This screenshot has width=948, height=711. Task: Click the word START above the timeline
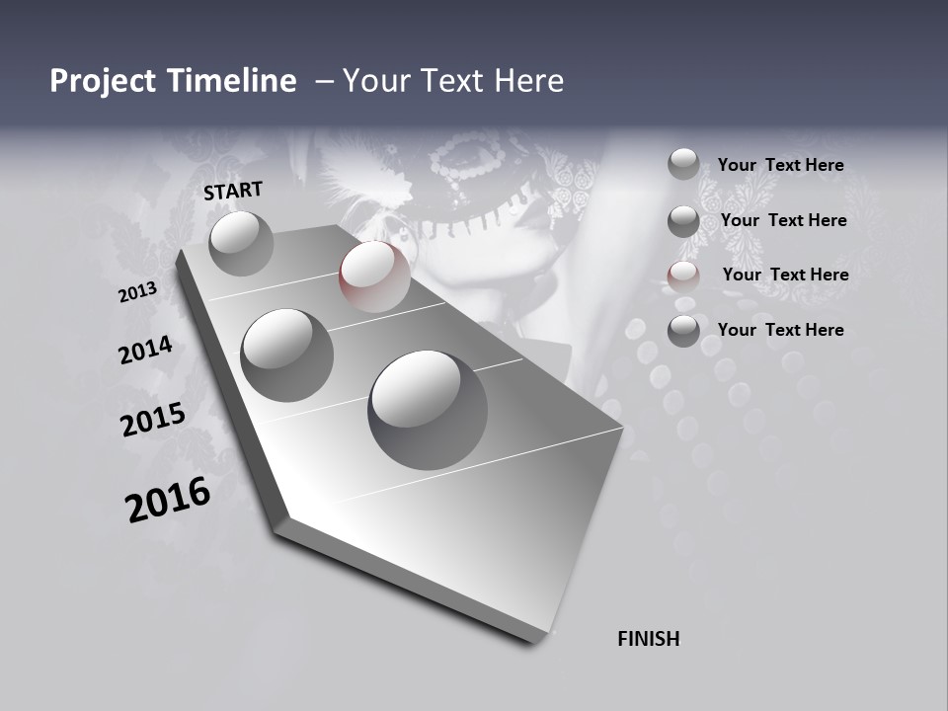pyautogui.click(x=233, y=191)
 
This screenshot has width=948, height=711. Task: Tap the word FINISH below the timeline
pyautogui.click(x=649, y=639)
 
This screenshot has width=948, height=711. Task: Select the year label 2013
pyautogui.click(x=138, y=292)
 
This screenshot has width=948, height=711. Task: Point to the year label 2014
pyautogui.click(x=146, y=351)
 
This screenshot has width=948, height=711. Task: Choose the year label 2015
pyautogui.click(x=153, y=420)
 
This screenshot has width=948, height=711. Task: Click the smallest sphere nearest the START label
pyautogui.click(x=241, y=243)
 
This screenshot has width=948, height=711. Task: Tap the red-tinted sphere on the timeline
pyautogui.click(x=374, y=276)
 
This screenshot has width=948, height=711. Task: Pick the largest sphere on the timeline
pyautogui.click(x=427, y=409)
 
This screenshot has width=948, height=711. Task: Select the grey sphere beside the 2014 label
pyautogui.click(x=287, y=355)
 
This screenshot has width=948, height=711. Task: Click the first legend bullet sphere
pyautogui.click(x=683, y=164)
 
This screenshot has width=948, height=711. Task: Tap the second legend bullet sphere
pyautogui.click(x=683, y=220)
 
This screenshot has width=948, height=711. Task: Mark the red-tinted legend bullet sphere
pyautogui.click(x=683, y=276)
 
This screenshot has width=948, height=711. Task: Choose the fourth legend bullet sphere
pyautogui.click(x=683, y=331)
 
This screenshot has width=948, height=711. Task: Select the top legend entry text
pyautogui.click(x=780, y=165)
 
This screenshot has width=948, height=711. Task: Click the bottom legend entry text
pyautogui.click(x=780, y=330)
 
